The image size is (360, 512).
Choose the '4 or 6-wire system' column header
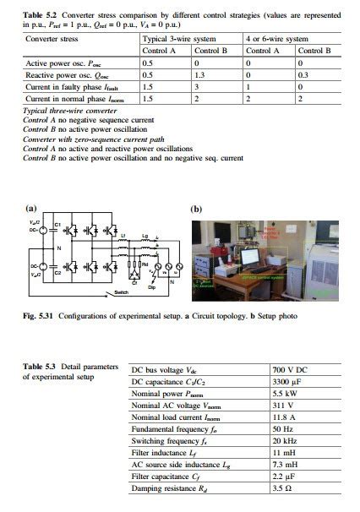pos(275,40)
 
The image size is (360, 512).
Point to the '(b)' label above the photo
pos(196,209)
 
